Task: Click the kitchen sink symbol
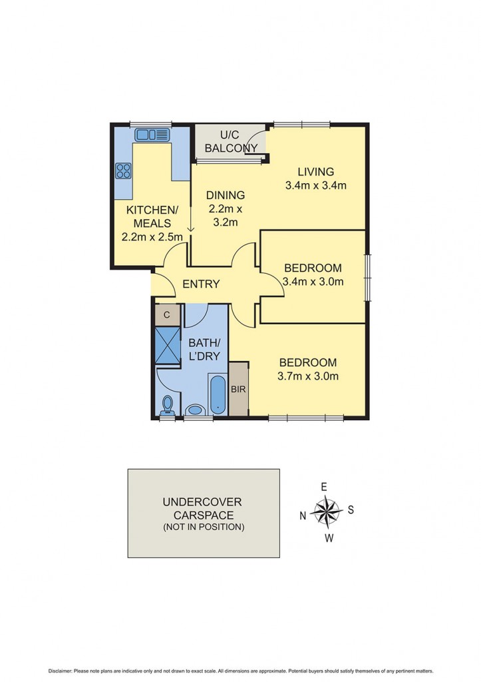[152, 135]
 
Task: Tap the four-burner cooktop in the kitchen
[123, 170]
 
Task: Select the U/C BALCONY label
[230, 141]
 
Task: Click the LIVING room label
[315, 171]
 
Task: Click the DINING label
[225, 195]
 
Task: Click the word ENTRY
[201, 284]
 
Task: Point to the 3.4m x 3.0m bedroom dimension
[313, 282]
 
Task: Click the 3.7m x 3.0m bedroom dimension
[308, 376]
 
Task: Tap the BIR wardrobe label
[238, 388]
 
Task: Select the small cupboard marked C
[167, 314]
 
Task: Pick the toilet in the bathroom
[168, 405]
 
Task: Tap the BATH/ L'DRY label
[204, 350]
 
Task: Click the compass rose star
[326, 512]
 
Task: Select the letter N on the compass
[303, 514]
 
